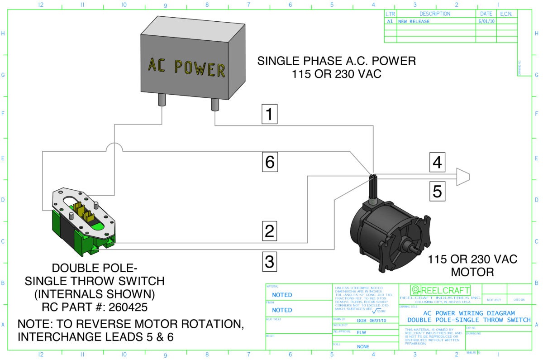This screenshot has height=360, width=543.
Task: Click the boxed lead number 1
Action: [270, 115]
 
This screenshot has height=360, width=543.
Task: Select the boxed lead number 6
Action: [270, 162]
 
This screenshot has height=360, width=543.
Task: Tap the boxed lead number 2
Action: [270, 231]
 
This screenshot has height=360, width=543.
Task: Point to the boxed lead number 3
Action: [270, 261]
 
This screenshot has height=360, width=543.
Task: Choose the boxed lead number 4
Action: [437, 162]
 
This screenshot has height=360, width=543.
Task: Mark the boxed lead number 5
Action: [437, 191]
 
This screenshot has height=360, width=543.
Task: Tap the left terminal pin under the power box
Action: [162, 100]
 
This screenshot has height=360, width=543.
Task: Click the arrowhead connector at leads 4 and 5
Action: [462, 176]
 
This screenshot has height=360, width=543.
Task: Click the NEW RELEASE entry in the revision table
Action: [414, 21]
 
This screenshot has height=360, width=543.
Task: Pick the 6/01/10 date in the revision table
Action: [486, 21]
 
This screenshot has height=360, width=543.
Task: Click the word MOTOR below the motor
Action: [472, 272]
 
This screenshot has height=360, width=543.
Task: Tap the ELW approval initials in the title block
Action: [361, 332]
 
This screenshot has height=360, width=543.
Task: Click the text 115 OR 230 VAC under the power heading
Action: [336, 74]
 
